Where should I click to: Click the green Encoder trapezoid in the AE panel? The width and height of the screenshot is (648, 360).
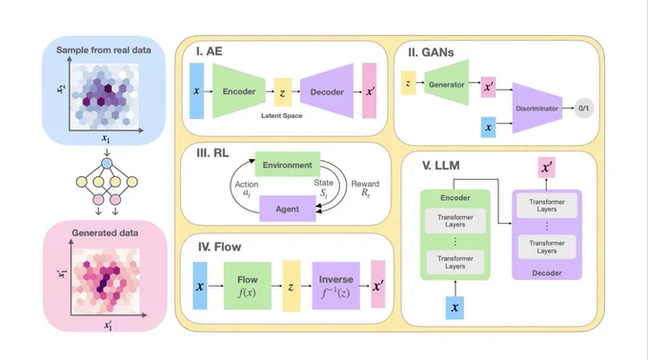pos(238,90)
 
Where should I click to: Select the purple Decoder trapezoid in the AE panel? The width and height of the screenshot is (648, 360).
pos(327,90)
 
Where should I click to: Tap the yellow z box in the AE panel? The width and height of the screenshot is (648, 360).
pos(283,92)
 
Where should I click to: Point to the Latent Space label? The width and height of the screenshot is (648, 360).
pos(281,115)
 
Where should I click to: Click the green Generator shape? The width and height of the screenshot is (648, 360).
pos(446,83)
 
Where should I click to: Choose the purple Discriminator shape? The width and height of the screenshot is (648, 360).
pos(537,109)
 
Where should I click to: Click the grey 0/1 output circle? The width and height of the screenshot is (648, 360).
pos(583,109)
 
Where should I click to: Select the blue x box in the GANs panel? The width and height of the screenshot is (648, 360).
pos(488,128)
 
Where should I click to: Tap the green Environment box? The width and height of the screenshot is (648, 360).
pos(287,165)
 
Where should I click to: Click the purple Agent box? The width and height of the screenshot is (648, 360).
pos(287,209)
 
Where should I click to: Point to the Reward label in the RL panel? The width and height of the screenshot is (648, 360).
pos(365,184)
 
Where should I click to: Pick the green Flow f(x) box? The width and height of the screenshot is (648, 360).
pos(248,286)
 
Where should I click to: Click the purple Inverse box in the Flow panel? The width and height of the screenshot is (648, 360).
pos(335,286)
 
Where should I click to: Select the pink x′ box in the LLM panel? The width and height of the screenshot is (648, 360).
pos(546,168)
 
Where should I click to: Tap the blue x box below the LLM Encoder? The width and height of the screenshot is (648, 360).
pos(455,308)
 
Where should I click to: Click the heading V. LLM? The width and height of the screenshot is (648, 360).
pos(440,166)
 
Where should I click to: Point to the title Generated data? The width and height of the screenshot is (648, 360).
pos(105,232)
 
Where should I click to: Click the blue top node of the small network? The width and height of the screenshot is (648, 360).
pos(107,164)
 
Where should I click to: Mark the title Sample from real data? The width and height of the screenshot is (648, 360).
pos(104,50)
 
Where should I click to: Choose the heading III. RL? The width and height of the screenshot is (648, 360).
pos(213,152)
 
